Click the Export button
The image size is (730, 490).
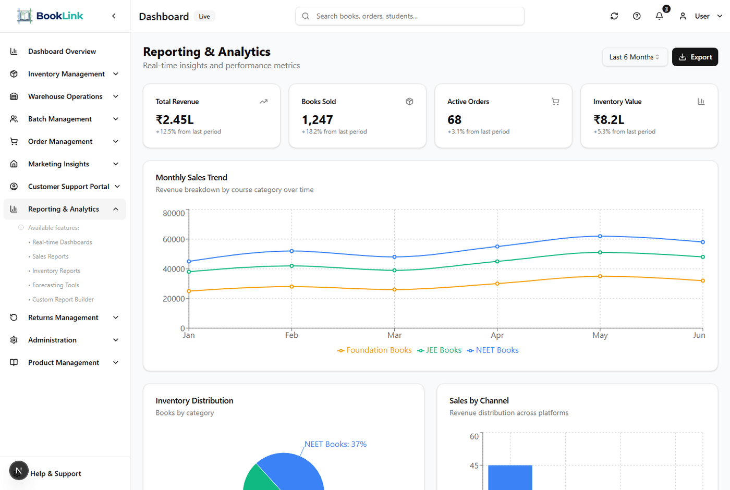click(x=695, y=57)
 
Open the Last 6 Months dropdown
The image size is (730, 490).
click(x=634, y=57)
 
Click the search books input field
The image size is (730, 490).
click(x=410, y=16)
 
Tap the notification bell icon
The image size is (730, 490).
click(x=659, y=16)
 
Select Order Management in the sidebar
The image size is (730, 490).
click(x=60, y=142)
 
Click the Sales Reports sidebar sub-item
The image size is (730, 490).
click(x=51, y=256)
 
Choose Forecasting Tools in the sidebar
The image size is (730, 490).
click(x=56, y=285)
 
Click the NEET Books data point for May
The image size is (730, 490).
click(x=600, y=236)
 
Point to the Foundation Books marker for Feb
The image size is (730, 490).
click(x=291, y=287)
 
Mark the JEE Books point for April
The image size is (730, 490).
click(x=497, y=262)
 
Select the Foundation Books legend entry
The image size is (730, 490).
click(x=374, y=350)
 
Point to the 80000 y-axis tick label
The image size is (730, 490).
click(x=174, y=213)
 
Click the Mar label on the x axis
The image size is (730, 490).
click(x=394, y=335)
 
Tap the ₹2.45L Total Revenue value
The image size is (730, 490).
click(x=175, y=120)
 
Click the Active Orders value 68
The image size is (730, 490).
click(x=455, y=120)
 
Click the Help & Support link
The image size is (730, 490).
click(x=56, y=474)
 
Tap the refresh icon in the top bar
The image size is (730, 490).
click(x=614, y=16)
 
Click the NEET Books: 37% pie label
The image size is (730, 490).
click(x=335, y=444)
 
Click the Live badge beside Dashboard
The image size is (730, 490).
click(x=204, y=17)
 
